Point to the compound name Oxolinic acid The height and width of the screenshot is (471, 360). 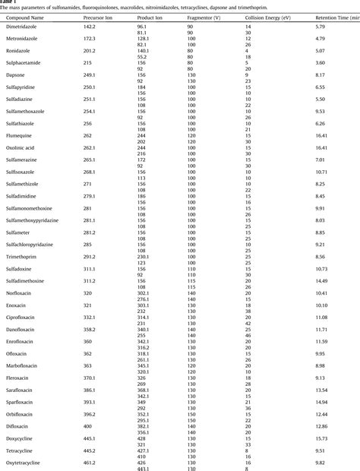tap(24, 148)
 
